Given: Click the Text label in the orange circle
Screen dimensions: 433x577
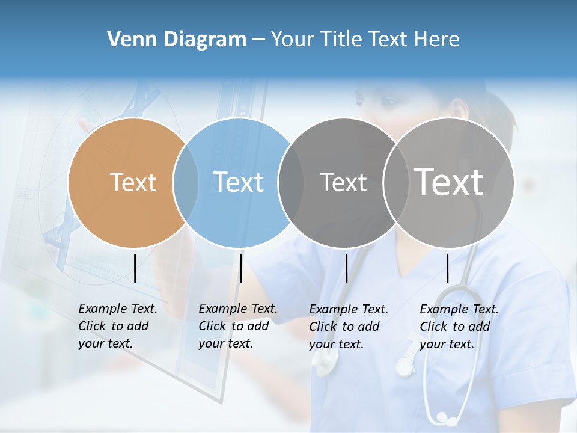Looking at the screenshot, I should [x=133, y=182].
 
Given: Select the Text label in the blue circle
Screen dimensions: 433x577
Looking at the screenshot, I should [x=238, y=182].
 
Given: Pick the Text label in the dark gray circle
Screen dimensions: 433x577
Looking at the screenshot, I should [x=343, y=182].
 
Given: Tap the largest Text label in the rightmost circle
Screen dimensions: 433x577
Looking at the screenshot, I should [x=449, y=182].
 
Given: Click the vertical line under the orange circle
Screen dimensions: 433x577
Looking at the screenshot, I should [x=135, y=268].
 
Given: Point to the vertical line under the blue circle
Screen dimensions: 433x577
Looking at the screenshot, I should [x=240, y=268].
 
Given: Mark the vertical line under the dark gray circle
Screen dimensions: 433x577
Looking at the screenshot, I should [x=346, y=268].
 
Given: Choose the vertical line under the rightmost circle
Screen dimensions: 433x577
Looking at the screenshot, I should [x=447, y=268].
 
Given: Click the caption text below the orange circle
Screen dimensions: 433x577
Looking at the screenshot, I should [x=118, y=326].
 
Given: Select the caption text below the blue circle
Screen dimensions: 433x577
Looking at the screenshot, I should [x=238, y=326].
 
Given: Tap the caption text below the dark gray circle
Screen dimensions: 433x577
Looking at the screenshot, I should [x=349, y=327].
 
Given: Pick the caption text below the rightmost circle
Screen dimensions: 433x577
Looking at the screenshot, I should [x=459, y=327].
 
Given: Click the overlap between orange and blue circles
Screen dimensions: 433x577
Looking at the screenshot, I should [x=186, y=183].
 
